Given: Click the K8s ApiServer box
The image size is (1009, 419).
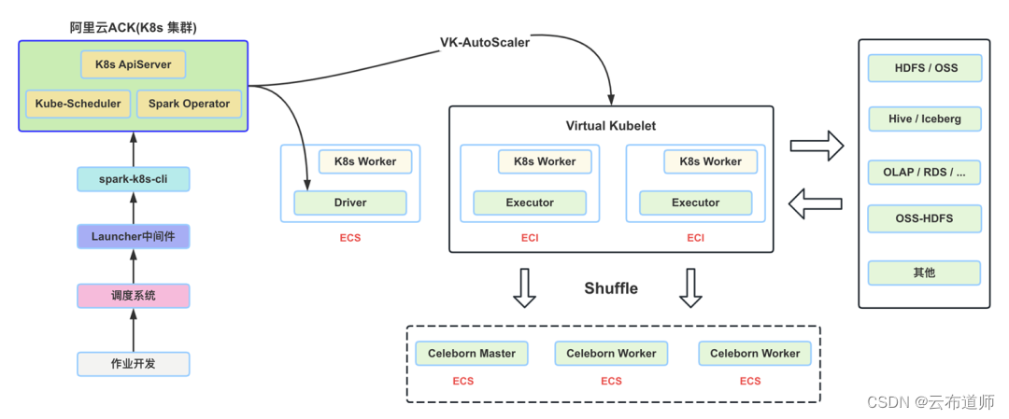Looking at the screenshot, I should click(134, 65).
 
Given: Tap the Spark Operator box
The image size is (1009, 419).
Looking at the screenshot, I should click(189, 104).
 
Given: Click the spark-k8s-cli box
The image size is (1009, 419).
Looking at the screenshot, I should click(133, 178).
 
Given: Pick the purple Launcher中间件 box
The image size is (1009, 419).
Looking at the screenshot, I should click(133, 237).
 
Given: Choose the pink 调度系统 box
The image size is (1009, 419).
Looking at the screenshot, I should click(133, 296).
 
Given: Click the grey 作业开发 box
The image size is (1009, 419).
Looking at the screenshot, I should click(133, 364).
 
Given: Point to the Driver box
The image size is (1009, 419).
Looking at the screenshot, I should click(350, 203).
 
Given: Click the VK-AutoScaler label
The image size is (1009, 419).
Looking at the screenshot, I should click(486, 43).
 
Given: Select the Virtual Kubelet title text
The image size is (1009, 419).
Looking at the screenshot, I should click(611, 126).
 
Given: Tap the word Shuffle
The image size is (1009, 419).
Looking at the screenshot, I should click(611, 288).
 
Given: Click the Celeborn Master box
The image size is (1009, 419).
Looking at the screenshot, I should click(472, 354).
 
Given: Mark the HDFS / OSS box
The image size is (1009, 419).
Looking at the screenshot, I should click(924, 68).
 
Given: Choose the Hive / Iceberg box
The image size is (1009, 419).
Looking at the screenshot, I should click(924, 119).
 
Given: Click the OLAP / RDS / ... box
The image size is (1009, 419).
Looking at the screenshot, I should click(924, 173).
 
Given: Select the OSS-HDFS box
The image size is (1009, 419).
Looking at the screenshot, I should click(924, 219).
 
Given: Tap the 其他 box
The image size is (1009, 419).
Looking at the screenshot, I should click(924, 273).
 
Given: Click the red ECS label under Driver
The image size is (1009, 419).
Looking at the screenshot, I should click(349, 238).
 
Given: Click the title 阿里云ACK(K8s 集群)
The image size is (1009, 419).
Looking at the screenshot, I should click(133, 28).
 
